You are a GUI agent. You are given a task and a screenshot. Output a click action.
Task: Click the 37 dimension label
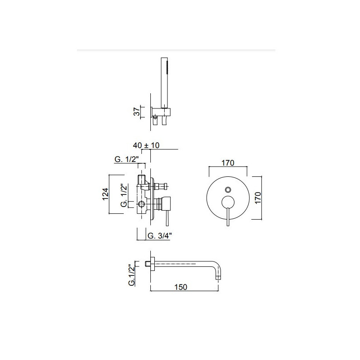[x=137, y=112]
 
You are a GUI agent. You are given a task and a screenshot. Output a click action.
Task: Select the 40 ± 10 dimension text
[x=146, y=145]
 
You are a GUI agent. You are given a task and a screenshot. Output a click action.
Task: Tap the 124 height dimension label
[x=105, y=194]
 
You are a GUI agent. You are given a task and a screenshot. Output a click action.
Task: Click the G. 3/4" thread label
[x=160, y=236]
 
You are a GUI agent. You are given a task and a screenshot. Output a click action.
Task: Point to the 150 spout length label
[x=181, y=287]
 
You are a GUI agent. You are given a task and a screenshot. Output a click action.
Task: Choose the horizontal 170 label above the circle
[x=228, y=163]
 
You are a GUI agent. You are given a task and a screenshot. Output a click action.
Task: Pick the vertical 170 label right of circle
[x=258, y=198]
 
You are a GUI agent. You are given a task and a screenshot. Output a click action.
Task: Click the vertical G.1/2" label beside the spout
[x=131, y=275]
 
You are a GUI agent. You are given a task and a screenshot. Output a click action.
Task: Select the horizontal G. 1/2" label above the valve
[x=126, y=159]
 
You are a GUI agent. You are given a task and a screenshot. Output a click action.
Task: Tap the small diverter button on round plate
[x=228, y=189]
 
